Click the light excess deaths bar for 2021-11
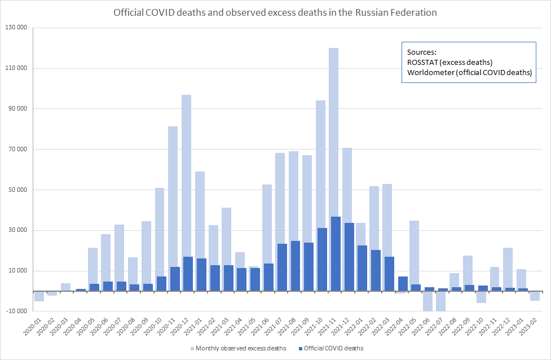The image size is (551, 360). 333,130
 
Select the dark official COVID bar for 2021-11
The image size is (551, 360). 336,254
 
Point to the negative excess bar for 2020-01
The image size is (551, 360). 39,296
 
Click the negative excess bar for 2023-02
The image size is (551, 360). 535,296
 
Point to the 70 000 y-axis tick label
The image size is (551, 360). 16,150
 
